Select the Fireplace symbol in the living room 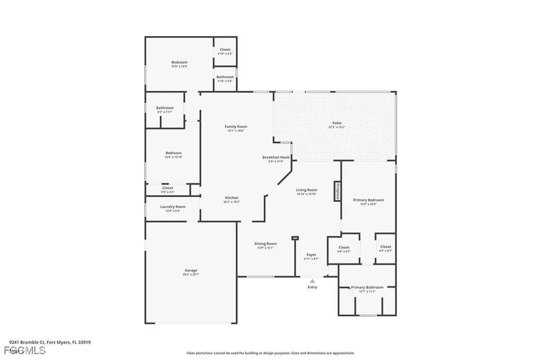(336, 191)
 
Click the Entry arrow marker (312, 281)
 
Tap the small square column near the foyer (295, 239)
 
